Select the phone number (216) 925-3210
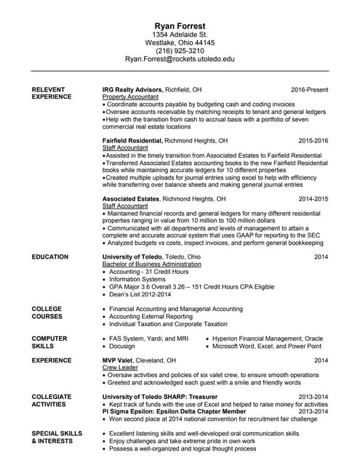coord(180,51)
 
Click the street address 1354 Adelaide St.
coord(180,34)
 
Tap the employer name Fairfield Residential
coord(133,139)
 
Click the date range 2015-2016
coord(313,139)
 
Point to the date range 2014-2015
coord(313,198)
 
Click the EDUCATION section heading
coord(50,257)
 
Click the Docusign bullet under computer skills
coord(123,347)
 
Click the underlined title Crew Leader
coord(120,368)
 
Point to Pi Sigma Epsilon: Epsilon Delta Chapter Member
coord(174,411)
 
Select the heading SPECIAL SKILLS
coord(56,434)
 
